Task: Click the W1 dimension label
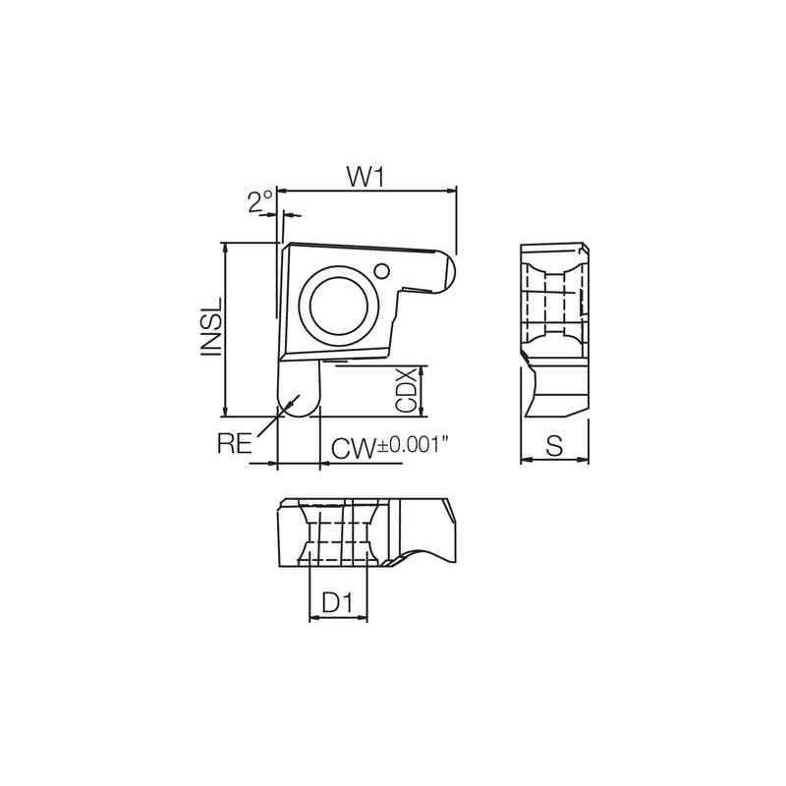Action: point(364,176)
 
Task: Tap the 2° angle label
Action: point(259,201)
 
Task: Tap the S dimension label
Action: point(554,446)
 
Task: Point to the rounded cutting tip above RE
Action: point(298,394)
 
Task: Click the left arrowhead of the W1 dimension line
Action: point(283,190)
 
